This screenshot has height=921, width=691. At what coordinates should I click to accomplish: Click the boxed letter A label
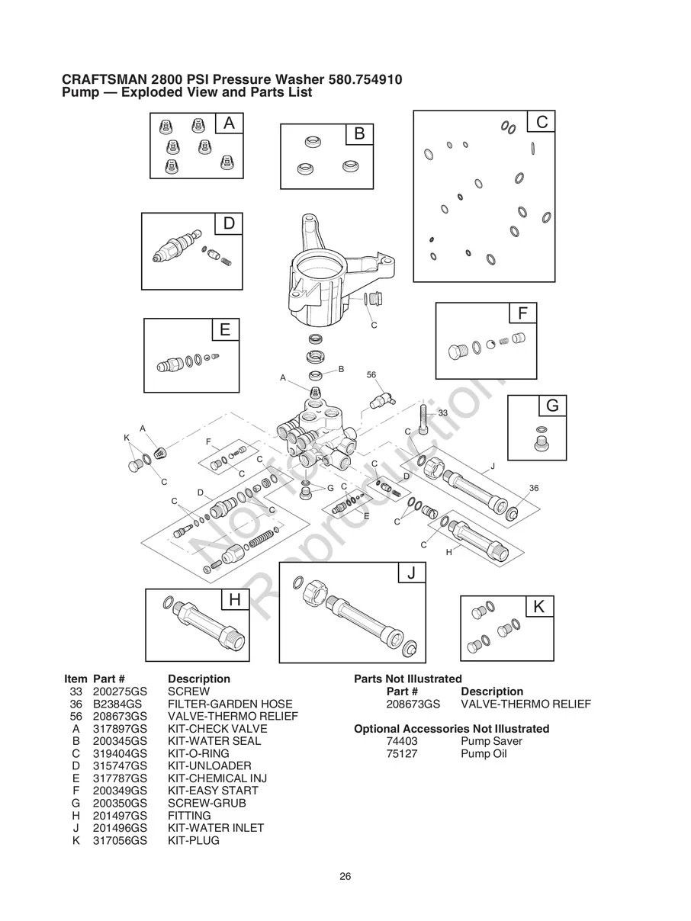230,123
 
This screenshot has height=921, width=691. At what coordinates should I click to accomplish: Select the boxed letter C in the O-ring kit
542,122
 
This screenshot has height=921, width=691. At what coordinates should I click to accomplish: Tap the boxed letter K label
539,607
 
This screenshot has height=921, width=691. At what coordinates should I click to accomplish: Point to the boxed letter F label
522,313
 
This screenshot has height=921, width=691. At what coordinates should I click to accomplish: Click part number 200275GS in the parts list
119,691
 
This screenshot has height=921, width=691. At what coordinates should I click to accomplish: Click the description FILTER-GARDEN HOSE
230,704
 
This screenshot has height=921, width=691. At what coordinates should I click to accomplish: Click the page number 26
345,876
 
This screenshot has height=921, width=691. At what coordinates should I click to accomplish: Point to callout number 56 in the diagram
371,375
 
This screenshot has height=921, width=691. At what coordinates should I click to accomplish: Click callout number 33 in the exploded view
442,412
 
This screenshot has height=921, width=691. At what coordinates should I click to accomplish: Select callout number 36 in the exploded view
534,488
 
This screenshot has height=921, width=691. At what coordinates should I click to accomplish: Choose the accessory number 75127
402,754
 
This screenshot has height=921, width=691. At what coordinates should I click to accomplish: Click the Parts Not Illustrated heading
408,679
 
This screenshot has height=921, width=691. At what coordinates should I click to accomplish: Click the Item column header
76,679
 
